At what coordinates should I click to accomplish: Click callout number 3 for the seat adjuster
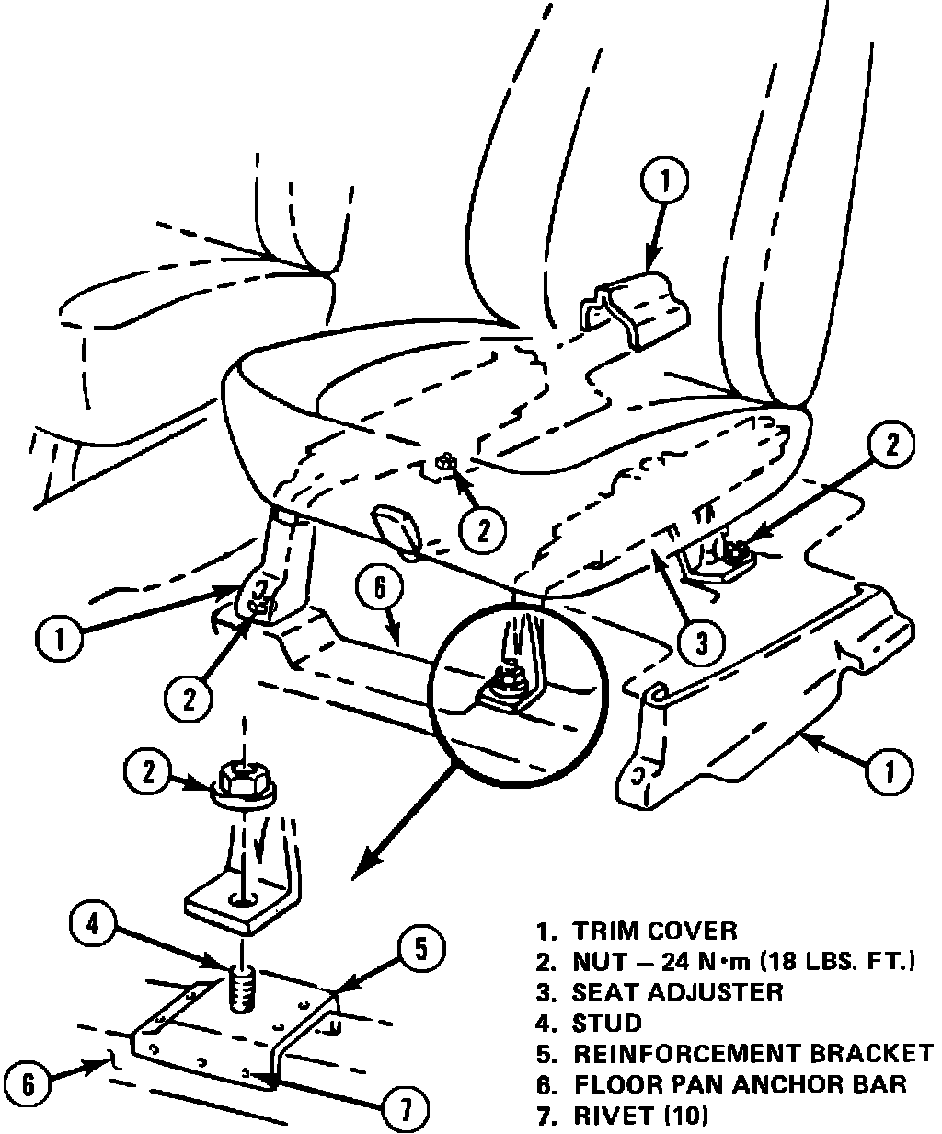point(702,642)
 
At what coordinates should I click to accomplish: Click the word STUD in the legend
point(606,1022)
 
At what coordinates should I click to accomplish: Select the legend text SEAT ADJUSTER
point(677,991)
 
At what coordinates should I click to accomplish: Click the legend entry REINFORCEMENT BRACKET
point(752,1053)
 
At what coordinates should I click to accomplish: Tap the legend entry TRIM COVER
point(654,931)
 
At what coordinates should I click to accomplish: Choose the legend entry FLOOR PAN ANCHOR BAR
point(739,1084)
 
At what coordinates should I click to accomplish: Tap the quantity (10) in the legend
point(684,1116)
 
